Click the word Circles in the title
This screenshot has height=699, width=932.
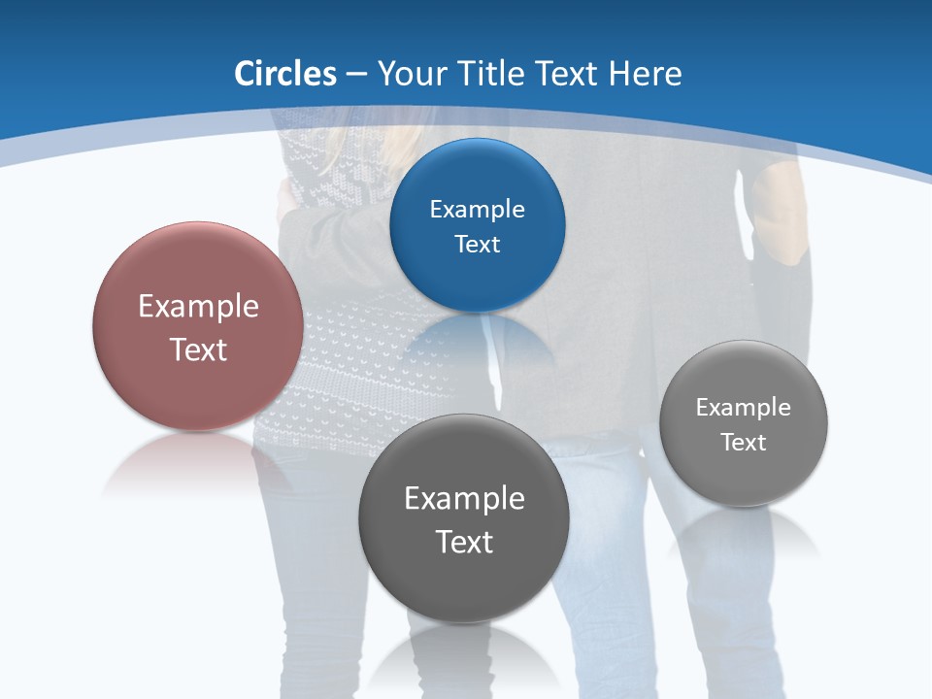pyautogui.click(x=285, y=74)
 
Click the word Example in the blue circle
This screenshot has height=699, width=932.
pyautogui.click(x=477, y=210)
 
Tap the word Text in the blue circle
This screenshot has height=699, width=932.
pyautogui.click(x=477, y=244)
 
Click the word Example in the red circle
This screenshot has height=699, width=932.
pyautogui.click(x=198, y=307)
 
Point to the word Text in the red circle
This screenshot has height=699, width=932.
pyautogui.click(x=198, y=349)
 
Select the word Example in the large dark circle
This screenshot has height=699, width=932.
pyautogui.click(x=464, y=499)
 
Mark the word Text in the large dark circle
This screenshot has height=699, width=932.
pyautogui.click(x=464, y=542)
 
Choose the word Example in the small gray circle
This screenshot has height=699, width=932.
pyautogui.click(x=744, y=408)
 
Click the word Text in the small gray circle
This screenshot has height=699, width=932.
pyautogui.click(x=744, y=443)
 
